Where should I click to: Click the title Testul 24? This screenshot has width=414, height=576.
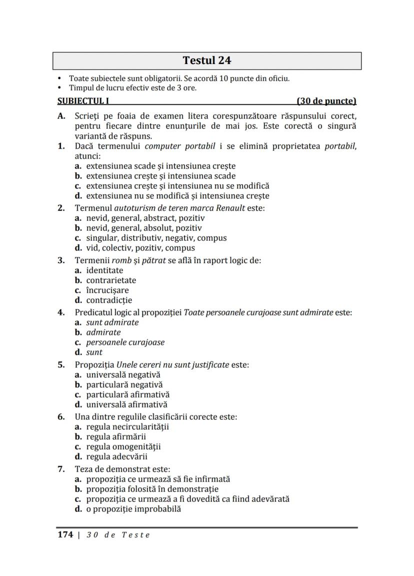207,61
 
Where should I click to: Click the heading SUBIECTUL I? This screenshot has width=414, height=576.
83,101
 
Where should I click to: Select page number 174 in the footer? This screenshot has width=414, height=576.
65,534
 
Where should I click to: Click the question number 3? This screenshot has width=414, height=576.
61,260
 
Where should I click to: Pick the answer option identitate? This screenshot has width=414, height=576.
104,270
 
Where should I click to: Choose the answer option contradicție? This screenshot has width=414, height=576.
109,300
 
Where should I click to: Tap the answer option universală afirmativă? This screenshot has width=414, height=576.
126,404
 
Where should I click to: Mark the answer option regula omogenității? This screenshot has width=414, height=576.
123,446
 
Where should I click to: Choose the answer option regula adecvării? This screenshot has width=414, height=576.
116,456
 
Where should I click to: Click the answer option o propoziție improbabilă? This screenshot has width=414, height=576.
133,509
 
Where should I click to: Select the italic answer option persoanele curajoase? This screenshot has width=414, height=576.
125,342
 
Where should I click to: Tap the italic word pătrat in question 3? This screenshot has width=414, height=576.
154,260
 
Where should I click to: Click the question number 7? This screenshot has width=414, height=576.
61,469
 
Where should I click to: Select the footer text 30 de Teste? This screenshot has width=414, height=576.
118,534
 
